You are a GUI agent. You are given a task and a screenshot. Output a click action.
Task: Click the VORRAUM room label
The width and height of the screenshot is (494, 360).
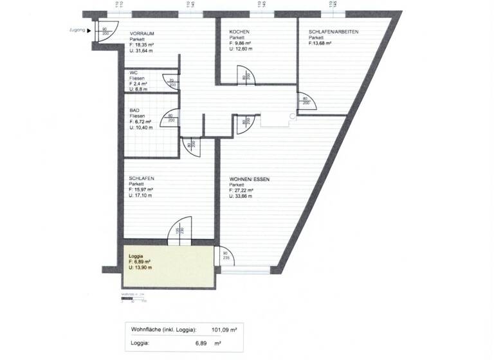click(143, 33)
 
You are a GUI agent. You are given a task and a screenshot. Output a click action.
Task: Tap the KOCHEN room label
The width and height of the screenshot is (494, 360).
click(240, 32)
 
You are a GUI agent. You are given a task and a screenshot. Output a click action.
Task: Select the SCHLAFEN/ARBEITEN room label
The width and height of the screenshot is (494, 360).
click(333, 32)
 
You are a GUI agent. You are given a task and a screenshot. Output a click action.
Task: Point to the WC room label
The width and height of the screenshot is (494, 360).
click(133, 73)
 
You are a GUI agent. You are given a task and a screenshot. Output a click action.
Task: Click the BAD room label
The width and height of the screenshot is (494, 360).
click(134, 111)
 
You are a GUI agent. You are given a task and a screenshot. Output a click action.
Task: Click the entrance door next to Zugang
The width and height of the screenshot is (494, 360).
click(104, 32)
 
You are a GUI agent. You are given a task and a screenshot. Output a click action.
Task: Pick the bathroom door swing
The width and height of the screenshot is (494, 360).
click(172, 119)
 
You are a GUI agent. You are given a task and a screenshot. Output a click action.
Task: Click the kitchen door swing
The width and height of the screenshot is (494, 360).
click(246, 77)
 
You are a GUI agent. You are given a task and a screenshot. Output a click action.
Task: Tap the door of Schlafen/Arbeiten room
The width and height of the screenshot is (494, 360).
click(304, 102)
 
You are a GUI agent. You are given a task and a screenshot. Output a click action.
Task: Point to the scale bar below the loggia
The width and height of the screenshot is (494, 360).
click(134, 298)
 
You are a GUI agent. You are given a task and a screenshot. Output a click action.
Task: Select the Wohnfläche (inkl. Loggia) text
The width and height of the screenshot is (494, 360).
click(163, 329)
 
